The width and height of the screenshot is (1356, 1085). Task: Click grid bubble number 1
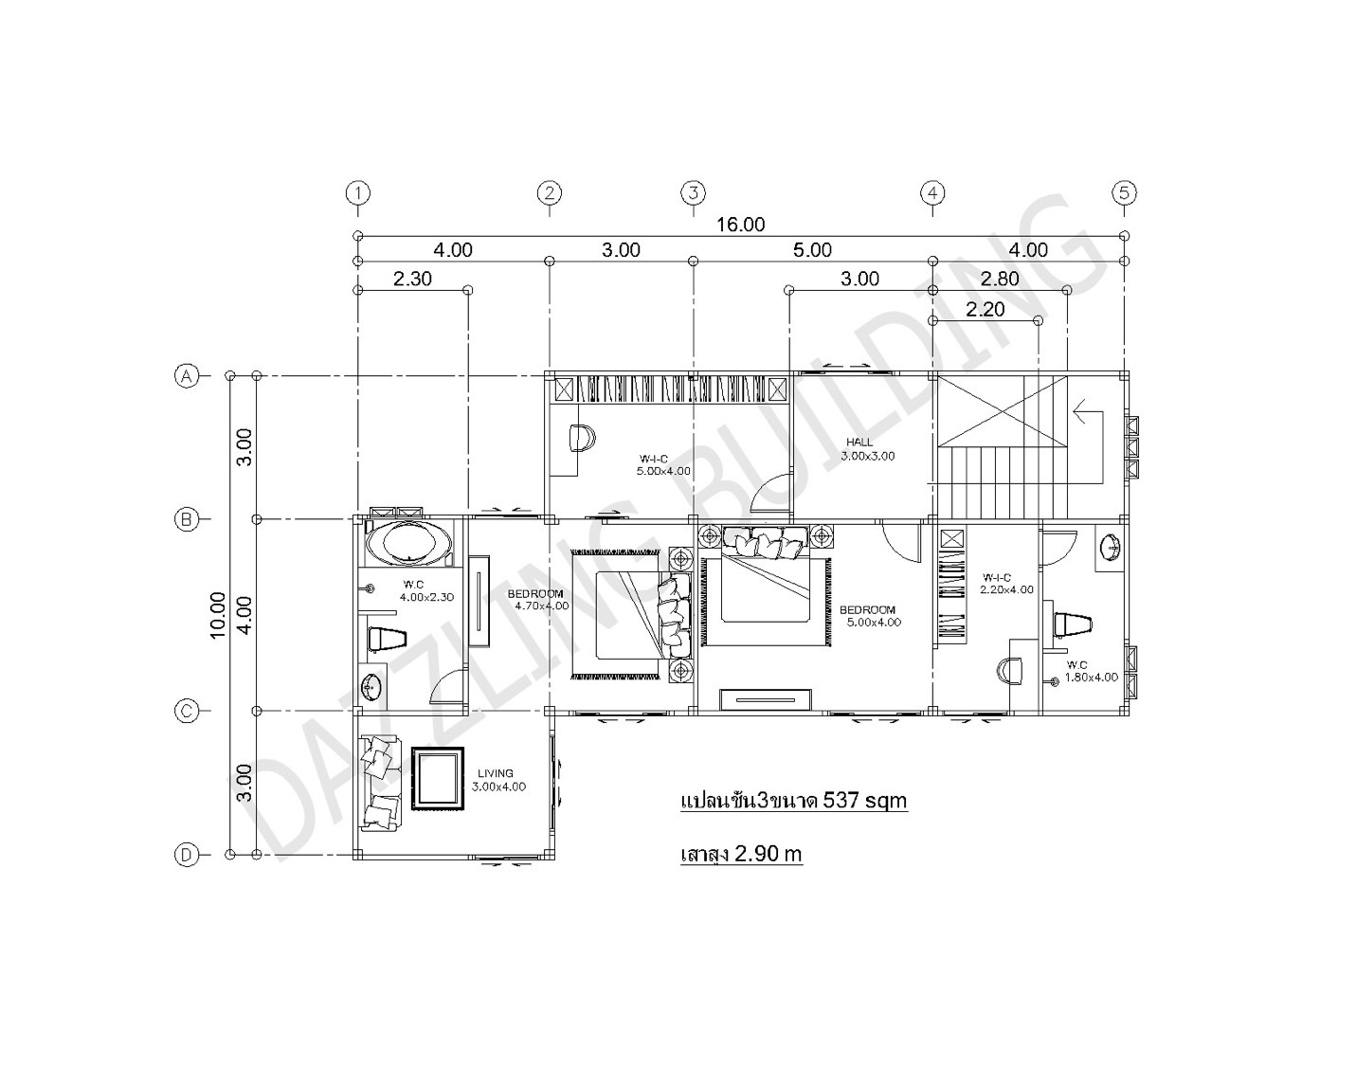tap(357, 193)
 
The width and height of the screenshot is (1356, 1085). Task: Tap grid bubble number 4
tap(932, 193)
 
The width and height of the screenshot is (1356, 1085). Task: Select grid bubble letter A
tap(187, 376)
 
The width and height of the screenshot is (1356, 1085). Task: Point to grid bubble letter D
tap(187, 855)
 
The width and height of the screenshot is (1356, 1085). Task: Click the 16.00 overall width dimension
tap(740, 225)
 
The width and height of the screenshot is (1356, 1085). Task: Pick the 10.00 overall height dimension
tap(217, 615)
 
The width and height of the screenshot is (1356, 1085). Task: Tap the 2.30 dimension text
tap(412, 279)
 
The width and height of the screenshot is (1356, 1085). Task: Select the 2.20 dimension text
tap(985, 309)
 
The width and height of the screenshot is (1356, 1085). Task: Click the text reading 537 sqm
tap(864, 801)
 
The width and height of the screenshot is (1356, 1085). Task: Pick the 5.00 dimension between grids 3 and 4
tap(812, 250)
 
